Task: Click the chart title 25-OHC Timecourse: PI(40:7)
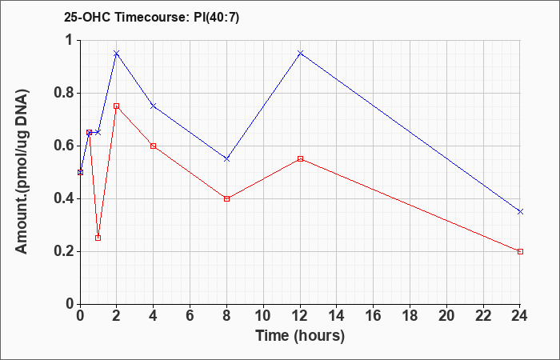pyautogui.click(x=151, y=17)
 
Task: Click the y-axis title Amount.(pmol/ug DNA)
pyautogui.click(x=22, y=173)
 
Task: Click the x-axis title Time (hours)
pyautogui.click(x=300, y=336)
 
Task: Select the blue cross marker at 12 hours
pyautogui.click(x=300, y=54)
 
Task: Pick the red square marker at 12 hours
pyautogui.click(x=300, y=159)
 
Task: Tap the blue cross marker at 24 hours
pyautogui.click(x=520, y=212)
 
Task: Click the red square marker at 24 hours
pyautogui.click(x=520, y=251)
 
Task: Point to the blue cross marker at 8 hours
pyautogui.click(x=226, y=159)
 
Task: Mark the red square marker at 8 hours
pyautogui.click(x=226, y=198)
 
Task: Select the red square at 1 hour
pyautogui.click(x=98, y=238)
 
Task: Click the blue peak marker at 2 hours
pyautogui.click(x=117, y=54)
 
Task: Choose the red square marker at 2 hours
pyautogui.click(x=117, y=106)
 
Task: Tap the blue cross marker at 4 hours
pyautogui.click(x=154, y=106)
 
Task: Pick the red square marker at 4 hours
pyautogui.click(x=154, y=146)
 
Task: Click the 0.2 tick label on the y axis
pyautogui.click(x=64, y=252)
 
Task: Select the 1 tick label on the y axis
pyautogui.click(x=70, y=40)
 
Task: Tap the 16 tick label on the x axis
pyautogui.click(x=374, y=316)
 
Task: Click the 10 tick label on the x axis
pyautogui.click(x=263, y=316)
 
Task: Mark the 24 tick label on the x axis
pyautogui.click(x=520, y=316)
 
